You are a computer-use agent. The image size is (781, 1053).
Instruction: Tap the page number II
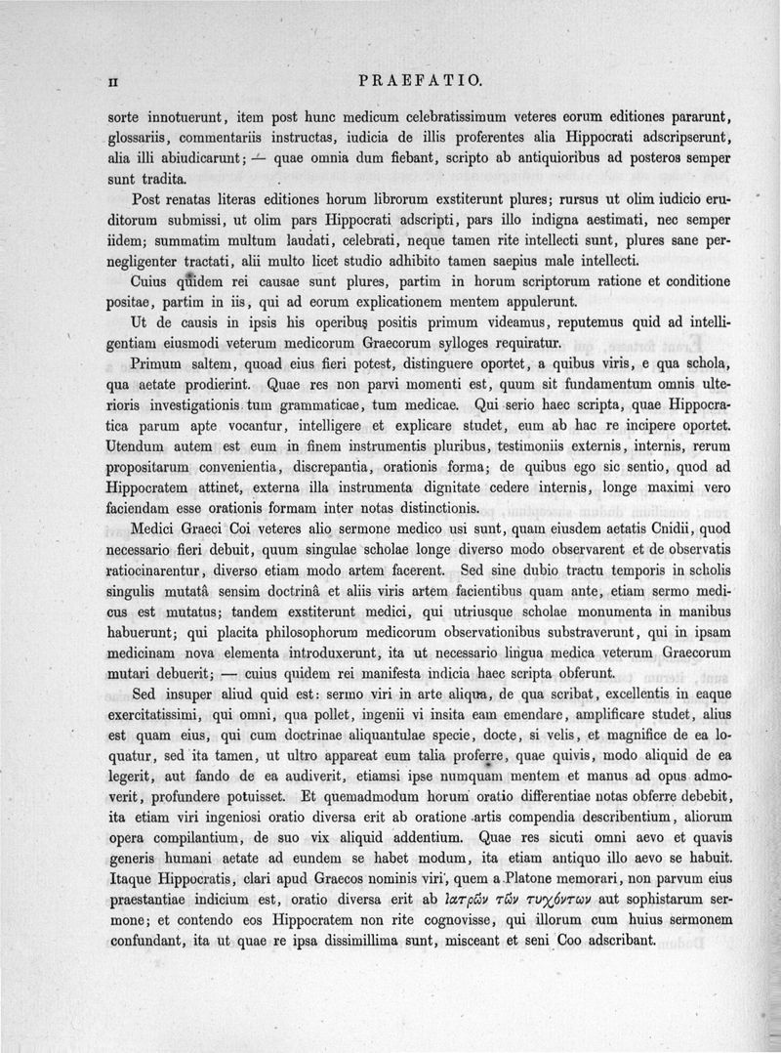113,80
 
